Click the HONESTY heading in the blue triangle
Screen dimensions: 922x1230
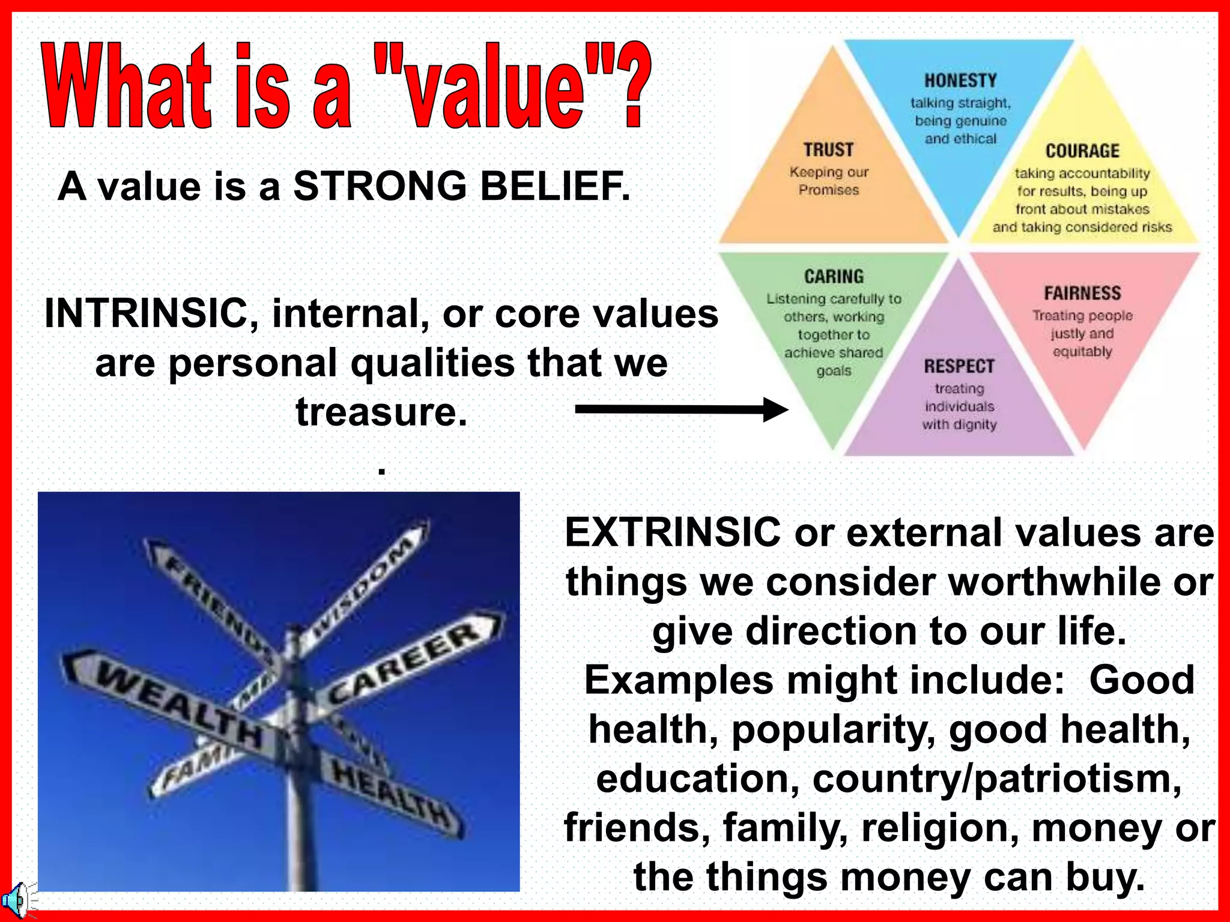click(x=960, y=80)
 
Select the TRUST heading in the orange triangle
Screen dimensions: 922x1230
click(x=828, y=149)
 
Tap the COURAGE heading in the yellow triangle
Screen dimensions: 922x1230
click(x=1082, y=151)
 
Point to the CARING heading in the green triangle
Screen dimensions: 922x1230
click(x=834, y=277)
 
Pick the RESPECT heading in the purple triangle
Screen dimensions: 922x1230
click(x=959, y=366)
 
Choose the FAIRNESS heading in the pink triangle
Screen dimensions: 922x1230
click(x=1082, y=294)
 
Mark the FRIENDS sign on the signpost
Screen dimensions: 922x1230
click(x=216, y=606)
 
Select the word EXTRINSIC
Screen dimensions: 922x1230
click(x=672, y=532)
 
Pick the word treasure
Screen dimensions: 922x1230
click(x=381, y=412)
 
